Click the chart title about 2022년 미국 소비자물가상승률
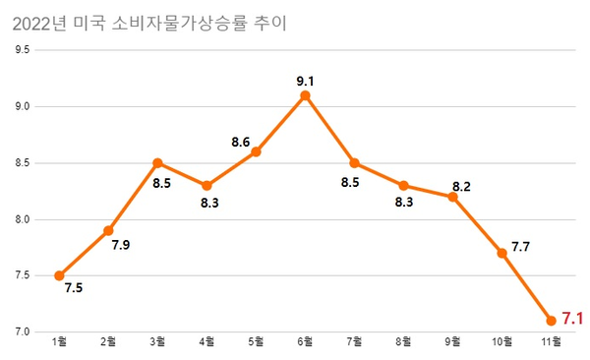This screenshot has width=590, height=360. pyautogui.click(x=149, y=23)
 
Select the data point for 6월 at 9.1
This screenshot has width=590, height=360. pyautogui.click(x=305, y=95)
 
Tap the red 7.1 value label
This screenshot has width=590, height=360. pyautogui.click(x=573, y=319)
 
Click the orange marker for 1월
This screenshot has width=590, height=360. pyautogui.click(x=59, y=275)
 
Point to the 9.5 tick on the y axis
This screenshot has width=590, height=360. pyautogui.click(x=22, y=50)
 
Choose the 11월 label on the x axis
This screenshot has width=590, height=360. pyautogui.click(x=551, y=342)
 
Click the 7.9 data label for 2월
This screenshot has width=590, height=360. pyautogui.click(x=121, y=244)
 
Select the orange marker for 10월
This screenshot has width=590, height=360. pyautogui.click(x=501, y=253)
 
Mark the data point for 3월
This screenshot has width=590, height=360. pyautogui.click(x=157, y=163)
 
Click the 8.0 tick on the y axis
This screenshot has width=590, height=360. pyautogui.click(x=22, y=219)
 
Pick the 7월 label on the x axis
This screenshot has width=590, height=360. pyautogui.click(x=354, y=342)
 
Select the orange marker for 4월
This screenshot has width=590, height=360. pyautogui.click(x=206, y=186)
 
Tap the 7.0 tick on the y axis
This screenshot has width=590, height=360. pyautogui.click(x=22, y=331)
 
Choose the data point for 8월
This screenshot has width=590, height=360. pyautogui.click(x=403, y=186)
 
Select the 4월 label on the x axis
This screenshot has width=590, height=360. pyautogui.click(x=206, y=342)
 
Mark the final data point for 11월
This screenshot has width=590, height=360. pyautogui.click(x=551, y=321)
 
